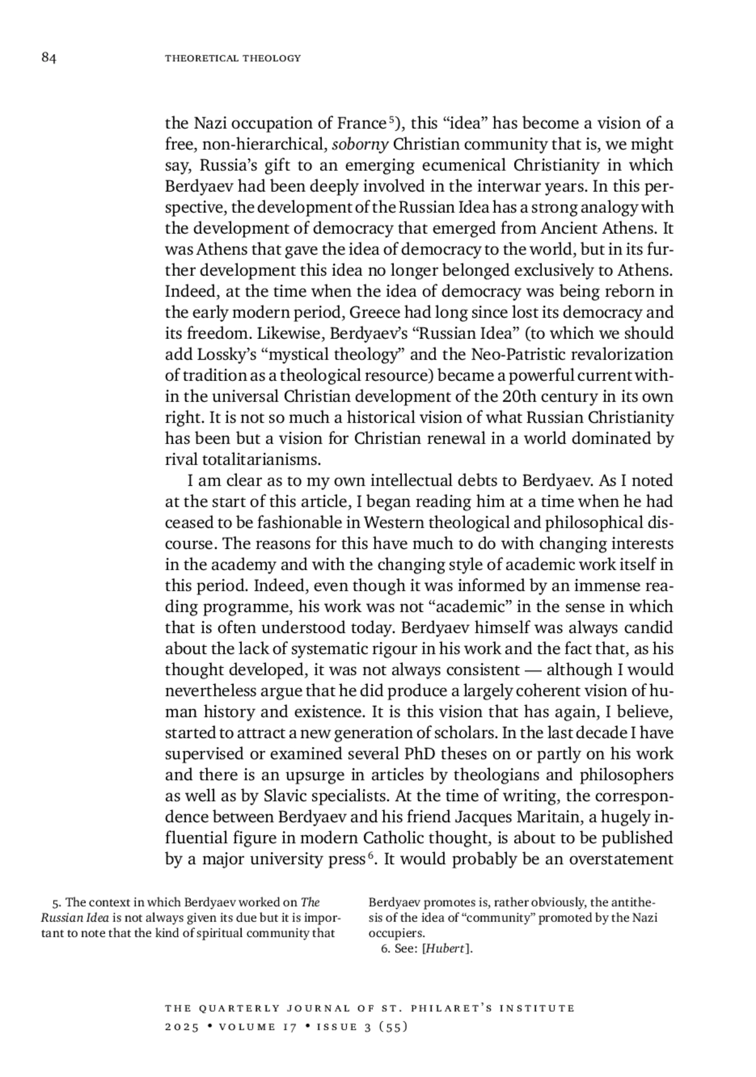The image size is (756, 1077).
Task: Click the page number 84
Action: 49,59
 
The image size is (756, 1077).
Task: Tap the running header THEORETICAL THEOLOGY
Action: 232,59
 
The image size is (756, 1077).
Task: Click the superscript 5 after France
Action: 391,119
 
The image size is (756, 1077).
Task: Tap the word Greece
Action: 374,313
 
